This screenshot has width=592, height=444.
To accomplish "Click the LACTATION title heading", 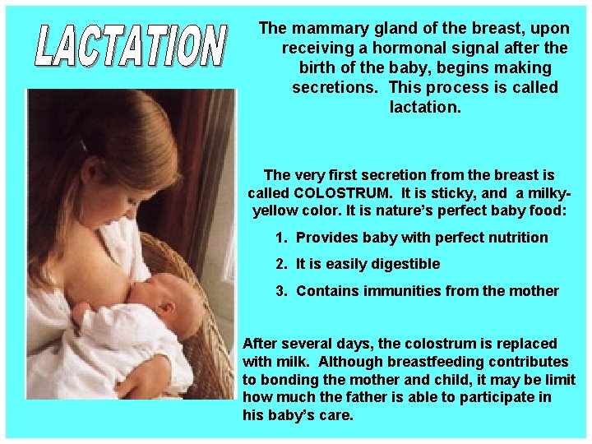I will tap(130, 46).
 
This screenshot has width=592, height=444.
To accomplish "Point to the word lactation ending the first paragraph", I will tap(425, 107).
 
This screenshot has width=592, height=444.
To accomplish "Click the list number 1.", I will tap(281, 238).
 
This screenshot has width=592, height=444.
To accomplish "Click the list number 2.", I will tap(281, 264).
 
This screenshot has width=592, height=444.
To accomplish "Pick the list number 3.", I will tap(281, 291).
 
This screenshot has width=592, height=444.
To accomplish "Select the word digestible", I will tap(403, 264).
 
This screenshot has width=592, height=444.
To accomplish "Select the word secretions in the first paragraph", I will tap(336, 87).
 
